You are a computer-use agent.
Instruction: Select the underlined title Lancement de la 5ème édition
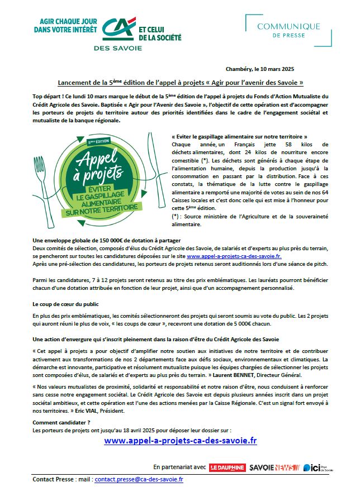pos(181,82)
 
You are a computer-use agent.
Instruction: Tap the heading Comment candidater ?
pos(61,422)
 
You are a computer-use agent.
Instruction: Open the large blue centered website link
pos(181,441)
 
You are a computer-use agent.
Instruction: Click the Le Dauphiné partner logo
pos(228,466)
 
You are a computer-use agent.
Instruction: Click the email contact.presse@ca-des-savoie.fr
pos(139,479)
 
